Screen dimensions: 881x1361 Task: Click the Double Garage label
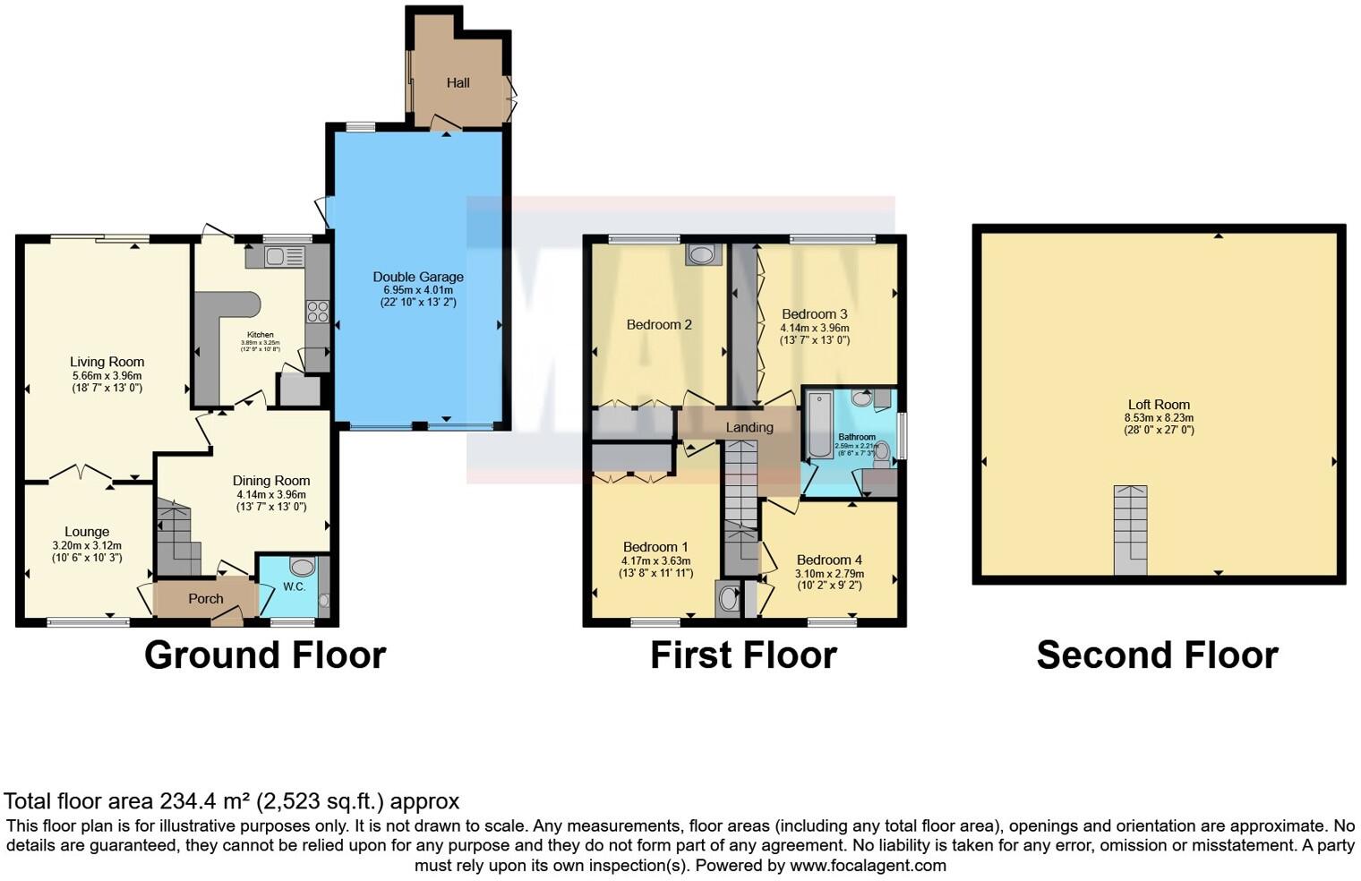tap(418, 278)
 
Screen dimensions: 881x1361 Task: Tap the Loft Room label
tap(1159, 405)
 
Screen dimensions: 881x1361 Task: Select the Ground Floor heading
tap(265, 655)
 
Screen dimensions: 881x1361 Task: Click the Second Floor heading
tap(1157, 655)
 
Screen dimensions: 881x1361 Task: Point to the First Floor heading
tap(743, 655)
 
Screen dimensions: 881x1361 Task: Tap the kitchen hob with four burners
tap(318, 312)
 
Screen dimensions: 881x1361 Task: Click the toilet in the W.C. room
tap(303, 567)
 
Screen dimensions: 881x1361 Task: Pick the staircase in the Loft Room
tap(1130, 530)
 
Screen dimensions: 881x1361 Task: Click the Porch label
tap(206, 599)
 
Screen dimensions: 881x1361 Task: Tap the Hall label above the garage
tap(458, 83)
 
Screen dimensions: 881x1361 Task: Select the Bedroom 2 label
tap(659, 325)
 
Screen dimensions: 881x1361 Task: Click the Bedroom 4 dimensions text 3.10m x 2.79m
tap(830, 573)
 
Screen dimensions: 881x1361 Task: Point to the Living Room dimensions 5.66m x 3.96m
tap(107, 376)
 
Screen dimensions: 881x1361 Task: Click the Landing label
tap(749, 428)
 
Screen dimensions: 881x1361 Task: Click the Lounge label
tap(87, 532)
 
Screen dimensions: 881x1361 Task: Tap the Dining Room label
tap(271, 481)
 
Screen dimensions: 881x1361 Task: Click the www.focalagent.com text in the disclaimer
tap(868, 866)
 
